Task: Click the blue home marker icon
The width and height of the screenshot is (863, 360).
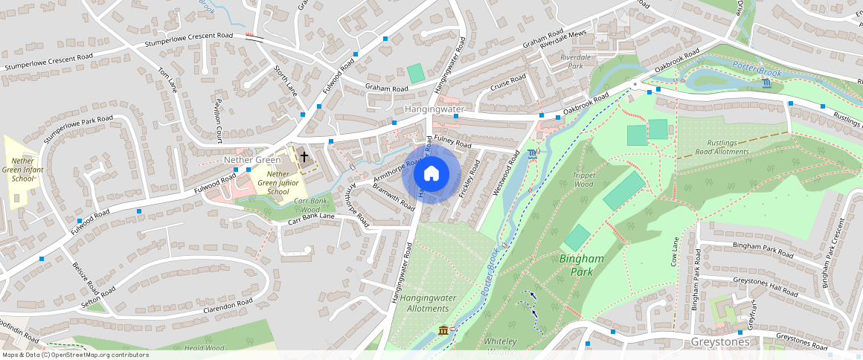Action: (x=431, y=174)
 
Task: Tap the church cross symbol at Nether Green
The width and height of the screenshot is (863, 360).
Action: (x=304, y=157)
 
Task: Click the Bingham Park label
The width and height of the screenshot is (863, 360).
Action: (x=581, y=266)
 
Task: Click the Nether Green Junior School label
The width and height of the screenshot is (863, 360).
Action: (x=273, y=183)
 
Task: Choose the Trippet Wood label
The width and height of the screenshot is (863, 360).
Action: (x=583, y=180)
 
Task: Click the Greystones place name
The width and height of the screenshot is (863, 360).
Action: (x=718, y=342)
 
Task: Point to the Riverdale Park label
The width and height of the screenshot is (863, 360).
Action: (x=575, y=62)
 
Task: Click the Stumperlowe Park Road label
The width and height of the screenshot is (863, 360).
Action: (x=78, y=129)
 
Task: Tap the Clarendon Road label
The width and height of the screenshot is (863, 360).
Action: (x=228, y=305)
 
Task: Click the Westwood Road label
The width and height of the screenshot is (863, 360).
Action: (x=505, y=173)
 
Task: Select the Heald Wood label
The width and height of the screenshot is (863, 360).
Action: (x=204, y=347)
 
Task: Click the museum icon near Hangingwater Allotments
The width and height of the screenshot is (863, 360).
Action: (x=443, y=330)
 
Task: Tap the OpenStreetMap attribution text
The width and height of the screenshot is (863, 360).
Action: (x=75, y=355)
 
